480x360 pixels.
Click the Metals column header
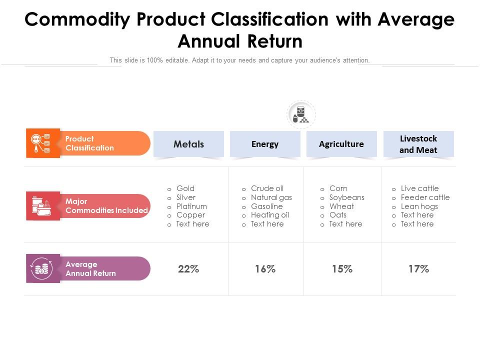[188, 144]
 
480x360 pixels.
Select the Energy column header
[265, 144]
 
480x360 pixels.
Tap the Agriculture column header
[341, 144]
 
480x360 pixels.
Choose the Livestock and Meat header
[418, 144]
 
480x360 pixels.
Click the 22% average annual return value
[188, 269]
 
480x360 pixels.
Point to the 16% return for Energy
[265, 269]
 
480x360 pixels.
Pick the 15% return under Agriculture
[342, 269]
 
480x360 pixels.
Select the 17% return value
[418, 269]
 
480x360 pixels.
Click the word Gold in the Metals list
[185, 188]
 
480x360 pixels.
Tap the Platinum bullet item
[191, 206]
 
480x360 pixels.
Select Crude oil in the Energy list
[267, 188]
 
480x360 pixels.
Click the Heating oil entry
[270, 215]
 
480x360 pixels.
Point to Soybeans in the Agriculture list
[347, 197]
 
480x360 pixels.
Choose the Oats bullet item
[338, 215]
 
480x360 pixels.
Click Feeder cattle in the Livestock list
[425, 197]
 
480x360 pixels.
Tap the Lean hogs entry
[419, 206]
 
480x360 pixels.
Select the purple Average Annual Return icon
[42, 269]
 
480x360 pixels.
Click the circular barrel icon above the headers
[301, 114]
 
